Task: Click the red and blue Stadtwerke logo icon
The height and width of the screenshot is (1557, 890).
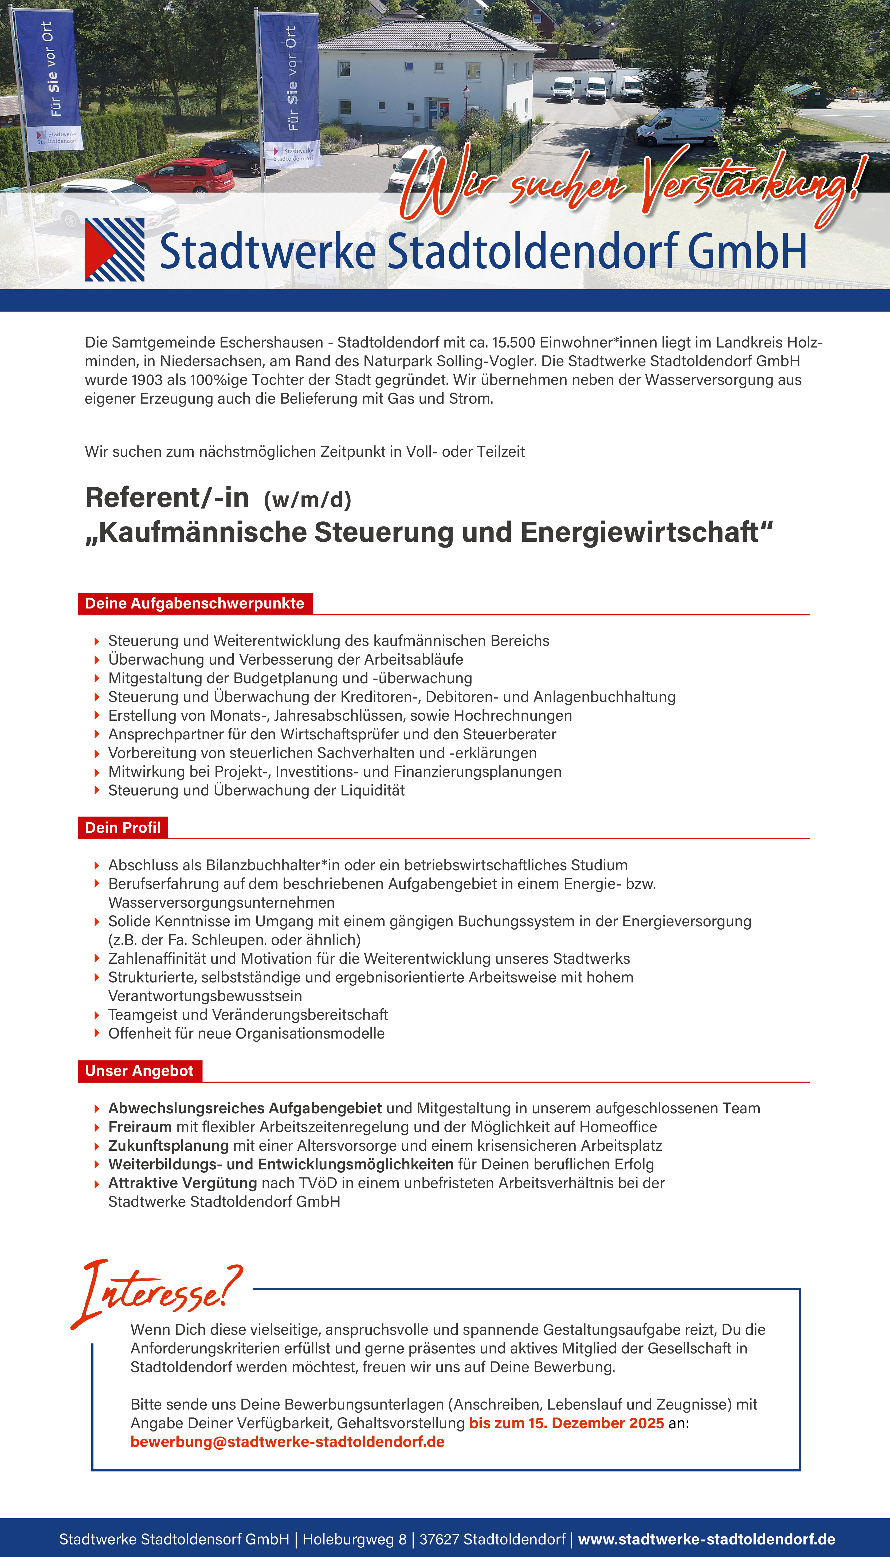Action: (114, 249)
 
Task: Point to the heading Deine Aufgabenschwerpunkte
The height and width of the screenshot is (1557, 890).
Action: (194, 603)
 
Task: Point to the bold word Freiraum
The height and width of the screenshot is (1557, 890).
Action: (140, 1127)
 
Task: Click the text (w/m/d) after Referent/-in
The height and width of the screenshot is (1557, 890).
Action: (307, 500)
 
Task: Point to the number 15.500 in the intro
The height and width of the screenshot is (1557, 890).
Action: (513, 342)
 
